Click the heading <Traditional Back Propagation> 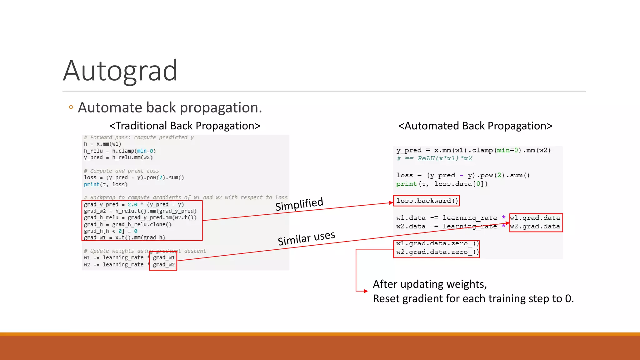click(x=185, y=126)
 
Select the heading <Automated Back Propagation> click(x=475, y=126)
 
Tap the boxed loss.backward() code click(x=427, y=201)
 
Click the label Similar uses click(x=306, y=238)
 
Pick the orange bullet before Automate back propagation click(x=71, y=107)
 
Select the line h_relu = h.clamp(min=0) click(x=120, y=151)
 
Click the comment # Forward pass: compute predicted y click(x=139, y=137)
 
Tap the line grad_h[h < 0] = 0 click(x=111, y=231)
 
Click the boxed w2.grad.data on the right click(x=535, y=227)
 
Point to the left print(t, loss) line click(x=106, y=184)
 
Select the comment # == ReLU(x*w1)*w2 click(x=434, y=158)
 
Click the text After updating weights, click(x=430, y=284)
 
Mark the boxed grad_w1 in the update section click(x=164, y=257)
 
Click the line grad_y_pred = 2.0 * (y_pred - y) click(x=134, y=204)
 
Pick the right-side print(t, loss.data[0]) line click(x=442, y=184)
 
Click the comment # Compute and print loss click(x=121, y=171)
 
